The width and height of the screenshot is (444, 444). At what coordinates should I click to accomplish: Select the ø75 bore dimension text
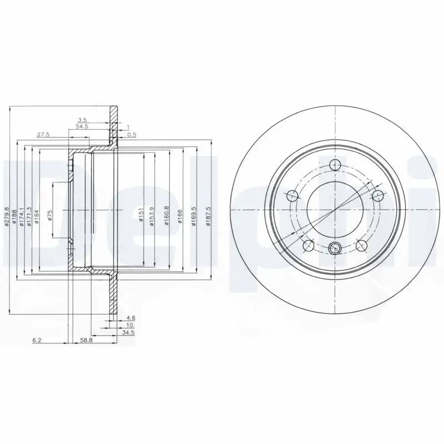[x=49, y=215]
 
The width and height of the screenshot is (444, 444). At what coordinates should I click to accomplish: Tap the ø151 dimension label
[x=141, y=214]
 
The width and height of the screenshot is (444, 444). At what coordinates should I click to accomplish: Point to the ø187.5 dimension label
[x=208, y=214]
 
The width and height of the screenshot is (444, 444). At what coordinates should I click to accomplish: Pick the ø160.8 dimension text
[x=167, y=214]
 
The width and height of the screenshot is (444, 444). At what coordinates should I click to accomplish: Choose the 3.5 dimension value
[x=82, y=120]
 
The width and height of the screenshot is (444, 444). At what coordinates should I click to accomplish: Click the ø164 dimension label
[x=36, y=215]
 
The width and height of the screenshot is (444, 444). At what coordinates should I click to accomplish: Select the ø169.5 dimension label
[x=194, y=214]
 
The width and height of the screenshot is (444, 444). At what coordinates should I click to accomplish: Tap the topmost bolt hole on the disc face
[x=334, y=165]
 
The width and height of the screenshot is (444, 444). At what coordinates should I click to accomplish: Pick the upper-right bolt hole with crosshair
[x=379, y=196]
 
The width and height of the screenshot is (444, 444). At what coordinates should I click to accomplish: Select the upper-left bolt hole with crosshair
[x=291, y=195]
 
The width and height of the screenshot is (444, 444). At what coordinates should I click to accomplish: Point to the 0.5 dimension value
[x=131, y=134]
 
